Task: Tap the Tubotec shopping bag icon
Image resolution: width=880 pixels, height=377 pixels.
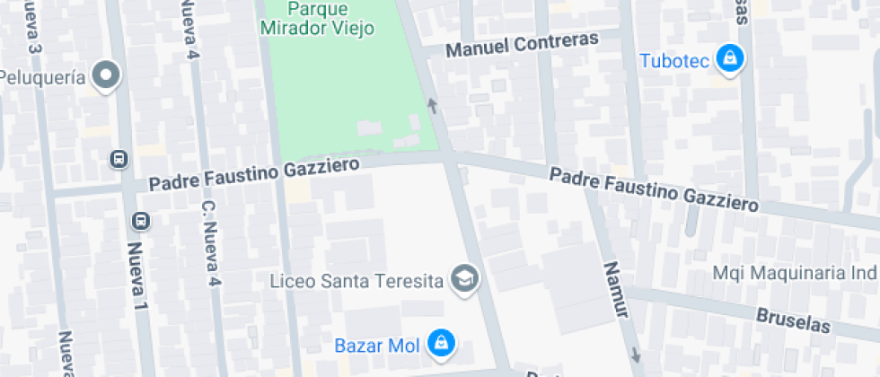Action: click(732, 59)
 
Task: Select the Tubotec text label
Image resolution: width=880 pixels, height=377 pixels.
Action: click(675, 61)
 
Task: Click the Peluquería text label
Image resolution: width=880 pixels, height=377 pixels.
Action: click(43, 77)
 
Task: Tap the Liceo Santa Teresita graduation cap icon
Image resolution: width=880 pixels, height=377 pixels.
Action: click(465, 279)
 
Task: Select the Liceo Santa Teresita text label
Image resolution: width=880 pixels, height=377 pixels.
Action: click(357, 281)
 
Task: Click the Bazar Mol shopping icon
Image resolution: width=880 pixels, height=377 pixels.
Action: click(441, 343)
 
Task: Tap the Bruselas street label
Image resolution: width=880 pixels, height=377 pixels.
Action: click(789, 320)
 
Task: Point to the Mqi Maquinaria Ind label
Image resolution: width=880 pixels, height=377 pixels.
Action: click(796, 272)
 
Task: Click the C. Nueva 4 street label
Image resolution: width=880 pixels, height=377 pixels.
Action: click(210, 243)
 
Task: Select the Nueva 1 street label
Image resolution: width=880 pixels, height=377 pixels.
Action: click(136, 273)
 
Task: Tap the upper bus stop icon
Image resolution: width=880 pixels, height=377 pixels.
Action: click(117, 159)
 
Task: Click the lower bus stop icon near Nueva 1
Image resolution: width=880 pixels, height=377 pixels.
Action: click(140, 220)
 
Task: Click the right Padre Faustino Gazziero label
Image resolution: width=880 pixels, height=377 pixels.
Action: click(654, 188)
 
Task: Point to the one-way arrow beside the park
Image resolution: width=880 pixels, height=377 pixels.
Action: click(433, 107)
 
